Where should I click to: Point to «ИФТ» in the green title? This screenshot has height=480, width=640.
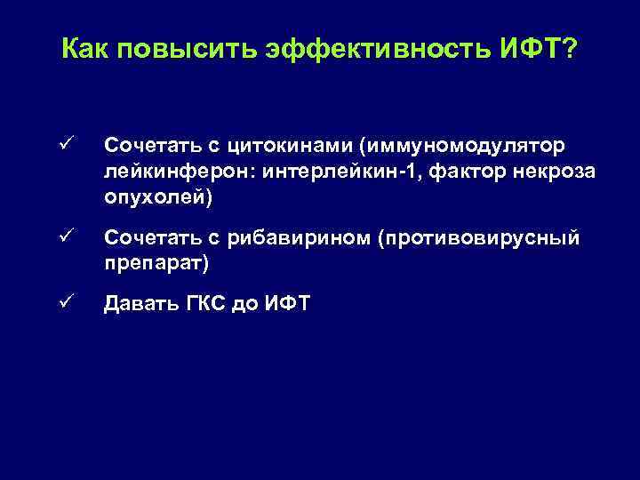click(x=524, y=51)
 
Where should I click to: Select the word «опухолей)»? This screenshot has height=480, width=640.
click(x=158, y=196)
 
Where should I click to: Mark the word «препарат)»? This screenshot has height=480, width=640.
click(x=156, y=264)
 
